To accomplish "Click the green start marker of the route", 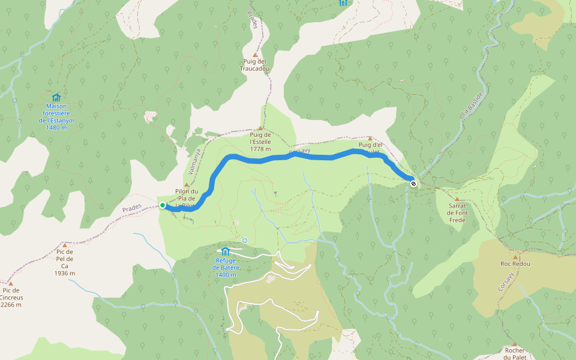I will [163, 205].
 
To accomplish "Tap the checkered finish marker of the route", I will [413, 184].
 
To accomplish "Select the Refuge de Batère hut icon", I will [226, 252].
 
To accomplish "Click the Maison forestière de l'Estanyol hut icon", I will [56, 97].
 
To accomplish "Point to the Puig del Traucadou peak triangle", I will [255, 55].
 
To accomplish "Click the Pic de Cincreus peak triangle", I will [10, 283].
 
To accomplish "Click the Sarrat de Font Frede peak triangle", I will [457, 199].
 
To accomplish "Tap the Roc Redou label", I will [515, 263].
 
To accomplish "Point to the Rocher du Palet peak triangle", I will [514, 344].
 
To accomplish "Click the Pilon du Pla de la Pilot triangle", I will [187, 185].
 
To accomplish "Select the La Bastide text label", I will [472, 104].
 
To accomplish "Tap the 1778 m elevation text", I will [260, 149].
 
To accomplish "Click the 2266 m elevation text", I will [11, 304].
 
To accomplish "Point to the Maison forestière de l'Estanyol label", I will [56, 114].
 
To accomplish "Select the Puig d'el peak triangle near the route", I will [370, 139].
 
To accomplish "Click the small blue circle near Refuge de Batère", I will [244, 241].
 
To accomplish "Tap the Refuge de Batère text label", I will [226, 267].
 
